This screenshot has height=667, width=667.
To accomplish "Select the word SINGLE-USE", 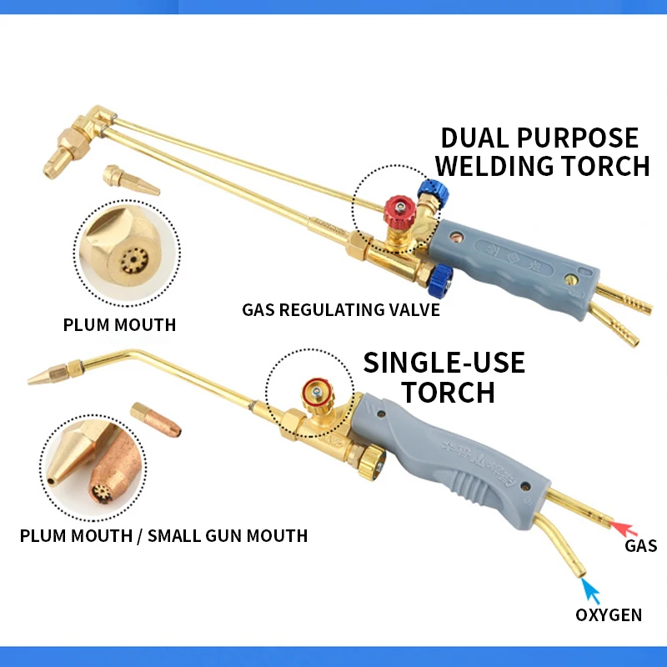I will point(444,363).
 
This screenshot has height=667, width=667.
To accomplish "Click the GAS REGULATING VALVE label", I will point(341,311).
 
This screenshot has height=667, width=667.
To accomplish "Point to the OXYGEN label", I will point(609,615).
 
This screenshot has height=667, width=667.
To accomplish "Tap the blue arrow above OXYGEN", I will point(591,590).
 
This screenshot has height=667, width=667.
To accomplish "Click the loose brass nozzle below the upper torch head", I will point(130,180).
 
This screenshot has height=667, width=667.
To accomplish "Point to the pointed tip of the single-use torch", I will point(33,379).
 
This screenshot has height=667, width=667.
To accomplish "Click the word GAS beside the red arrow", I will point(641,546).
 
